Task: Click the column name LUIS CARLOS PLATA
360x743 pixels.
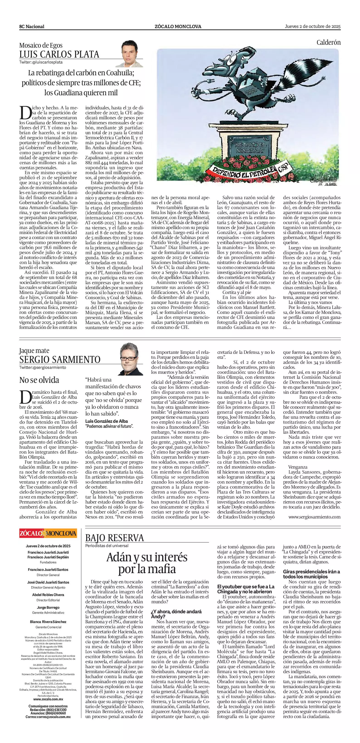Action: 59,54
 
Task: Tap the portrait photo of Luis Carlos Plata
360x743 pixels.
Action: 129,54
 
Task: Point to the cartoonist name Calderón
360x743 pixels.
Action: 328,42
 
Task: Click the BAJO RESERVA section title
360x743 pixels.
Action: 115,538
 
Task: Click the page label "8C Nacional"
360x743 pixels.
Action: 32,27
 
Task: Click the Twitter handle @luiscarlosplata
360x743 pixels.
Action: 41,62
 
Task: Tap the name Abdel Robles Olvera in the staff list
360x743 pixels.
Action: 48,595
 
